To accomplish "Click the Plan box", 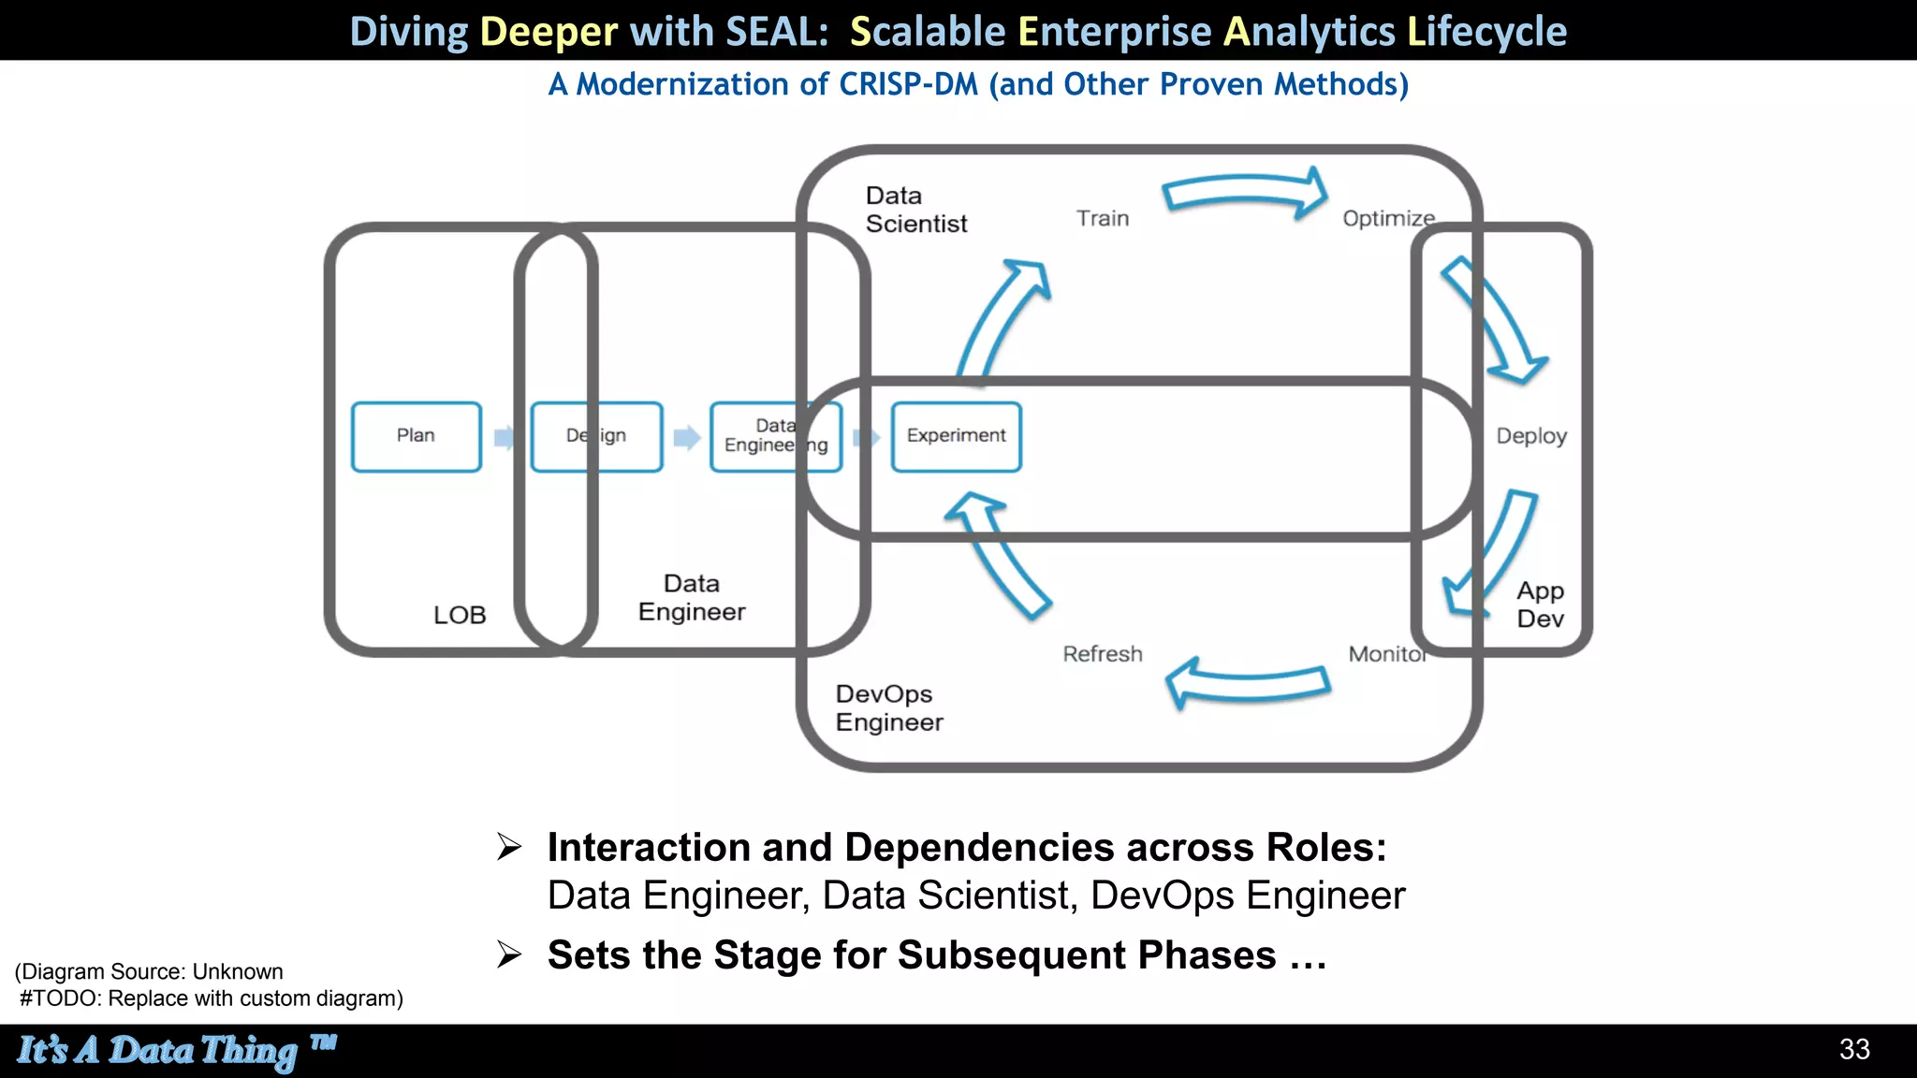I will [417, 436].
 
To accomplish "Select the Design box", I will [596, 436].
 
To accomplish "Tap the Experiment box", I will [956, 436].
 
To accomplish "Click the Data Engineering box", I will [775, 436].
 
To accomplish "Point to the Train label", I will [1102, 218].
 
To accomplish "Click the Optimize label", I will [1387, 218].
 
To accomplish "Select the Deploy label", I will [1530, 436].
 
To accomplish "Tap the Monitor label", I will [1386, 654].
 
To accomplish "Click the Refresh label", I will [1102, 654].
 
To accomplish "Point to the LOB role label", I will [460, 615].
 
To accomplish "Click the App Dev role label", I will [1540, 605].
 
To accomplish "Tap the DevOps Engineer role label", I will [888, 707].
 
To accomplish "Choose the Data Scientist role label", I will [915, 210].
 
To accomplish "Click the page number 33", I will [1853, 1049].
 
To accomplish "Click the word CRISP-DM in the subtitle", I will [908, 84].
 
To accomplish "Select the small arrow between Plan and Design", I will [505, 437].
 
